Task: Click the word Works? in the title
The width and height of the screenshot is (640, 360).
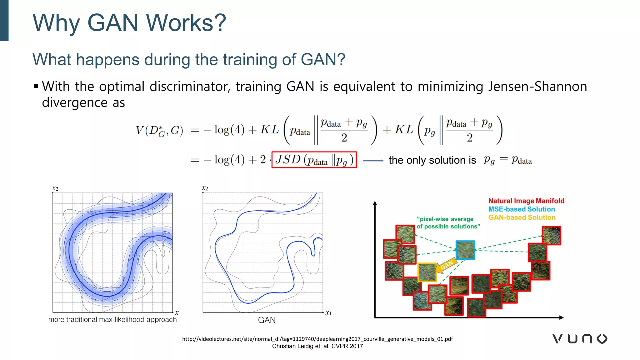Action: click(x=186, y=23)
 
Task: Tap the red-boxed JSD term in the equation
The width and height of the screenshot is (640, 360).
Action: click(x=314, y=160)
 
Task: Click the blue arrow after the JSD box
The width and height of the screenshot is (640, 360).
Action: click(x=373, y=161)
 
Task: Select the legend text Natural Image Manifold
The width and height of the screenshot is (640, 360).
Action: click(x=526, y=201)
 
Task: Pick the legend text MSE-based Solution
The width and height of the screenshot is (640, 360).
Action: click(x=522, y=209)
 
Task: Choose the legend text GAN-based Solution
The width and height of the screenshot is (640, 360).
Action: click(x=522, y=217)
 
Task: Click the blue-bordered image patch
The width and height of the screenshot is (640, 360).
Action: click(x=465, y=250)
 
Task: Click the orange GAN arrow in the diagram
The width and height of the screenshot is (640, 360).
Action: click(x=446, y=266)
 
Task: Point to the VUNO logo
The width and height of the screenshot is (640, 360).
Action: click(x=580, y=339)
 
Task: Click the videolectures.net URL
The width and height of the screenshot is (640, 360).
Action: click(x=317, y=339)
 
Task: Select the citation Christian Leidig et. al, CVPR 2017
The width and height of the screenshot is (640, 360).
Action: click(x=317, y=346)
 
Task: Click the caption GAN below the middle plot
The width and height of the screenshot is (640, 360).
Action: click(x=267, y=320)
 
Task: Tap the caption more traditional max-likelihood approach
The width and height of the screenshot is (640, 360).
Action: click(x=112, y=320)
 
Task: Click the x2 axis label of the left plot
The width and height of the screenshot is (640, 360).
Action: click(x=55, y=188)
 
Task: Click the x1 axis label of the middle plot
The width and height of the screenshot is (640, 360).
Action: click(x=328, y=312)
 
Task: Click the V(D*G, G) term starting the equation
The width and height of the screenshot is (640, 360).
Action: click(x=159, y=130)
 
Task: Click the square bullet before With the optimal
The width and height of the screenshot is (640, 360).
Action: click(x=36, y=86)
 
